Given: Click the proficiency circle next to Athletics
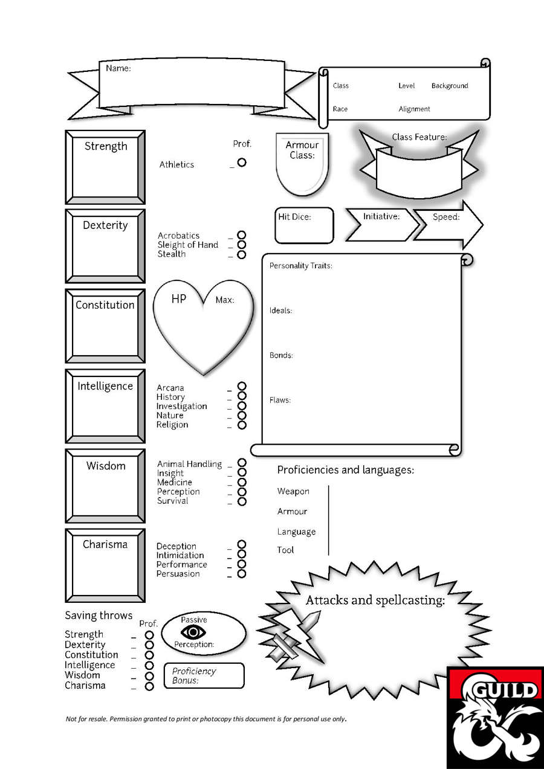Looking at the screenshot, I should (x=242, y=162).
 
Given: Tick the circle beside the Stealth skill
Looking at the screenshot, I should (x=242, y=254).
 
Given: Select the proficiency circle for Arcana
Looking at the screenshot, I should (x=242, y=387).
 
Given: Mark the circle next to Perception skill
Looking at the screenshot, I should (x=242, y=492).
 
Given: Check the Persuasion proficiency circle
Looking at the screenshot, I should (x=242, y=573).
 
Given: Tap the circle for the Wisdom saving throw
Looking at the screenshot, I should (x=149, y=675).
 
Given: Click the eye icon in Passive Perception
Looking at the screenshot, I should (x=193, y=632).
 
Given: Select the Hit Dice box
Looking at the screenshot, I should (x=304, y=225).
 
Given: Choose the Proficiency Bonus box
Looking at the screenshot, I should (x=204, y=675).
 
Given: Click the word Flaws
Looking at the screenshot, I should (x=280, y=400).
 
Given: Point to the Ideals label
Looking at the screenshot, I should (x=280, y=310).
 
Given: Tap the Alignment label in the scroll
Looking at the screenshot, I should (x=414, y=109).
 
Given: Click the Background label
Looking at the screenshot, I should (x=450, y=86).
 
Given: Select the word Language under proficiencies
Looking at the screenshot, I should (x=296, y=532).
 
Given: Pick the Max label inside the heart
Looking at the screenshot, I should (x=225, y=300).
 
